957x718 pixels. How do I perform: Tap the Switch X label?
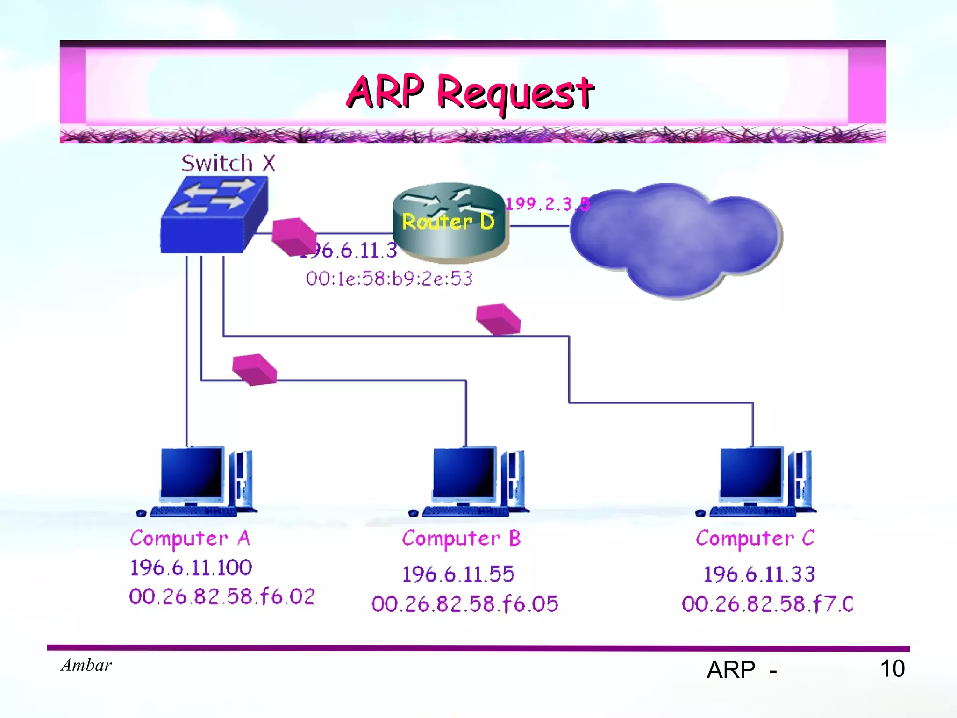(228, 163)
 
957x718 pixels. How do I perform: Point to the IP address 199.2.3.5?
(547, 204)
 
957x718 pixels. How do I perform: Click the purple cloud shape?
(676, 238)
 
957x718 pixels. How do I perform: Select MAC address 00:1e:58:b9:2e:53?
(389, 279)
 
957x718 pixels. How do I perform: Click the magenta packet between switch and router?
(293, 237)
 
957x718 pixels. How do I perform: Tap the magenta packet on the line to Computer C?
(498, 319)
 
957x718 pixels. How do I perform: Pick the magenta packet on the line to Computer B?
(255, 369)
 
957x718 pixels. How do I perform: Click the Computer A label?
(190, 538)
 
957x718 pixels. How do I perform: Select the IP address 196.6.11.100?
(191, 567)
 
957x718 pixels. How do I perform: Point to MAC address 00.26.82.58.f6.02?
(222, 596)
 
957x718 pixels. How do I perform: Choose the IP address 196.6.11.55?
(458, 574)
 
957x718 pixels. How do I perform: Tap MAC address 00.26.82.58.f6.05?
(464, 603)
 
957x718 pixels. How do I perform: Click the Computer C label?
(755, 538)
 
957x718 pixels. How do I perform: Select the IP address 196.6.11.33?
(759, 574)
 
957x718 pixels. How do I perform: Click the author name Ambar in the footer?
(86, 665)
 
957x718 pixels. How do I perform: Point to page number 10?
(892, 668)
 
